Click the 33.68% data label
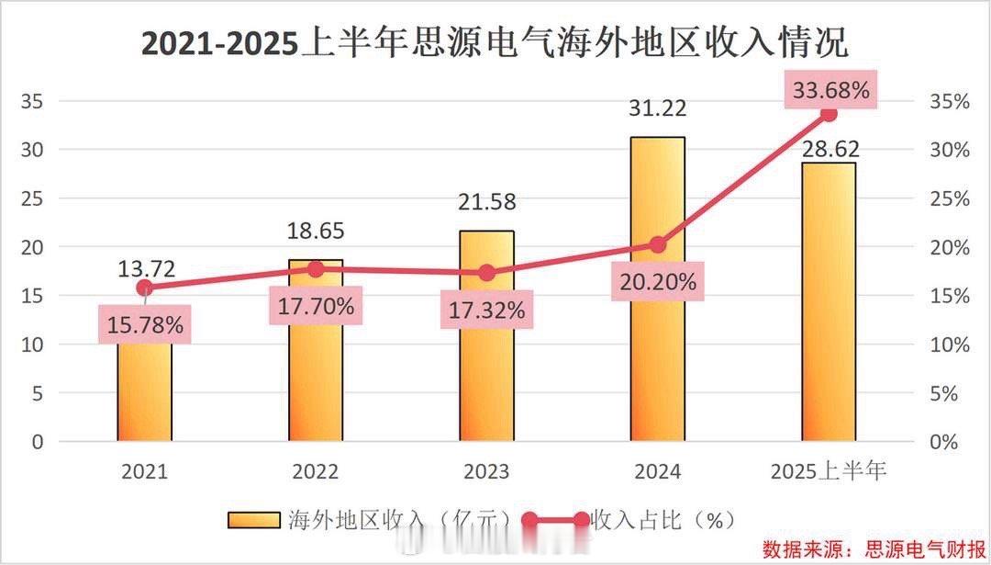[830, 90]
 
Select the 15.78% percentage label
[145, 323]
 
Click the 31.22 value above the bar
[657, 107]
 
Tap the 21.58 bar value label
[486, 201]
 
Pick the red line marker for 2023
[487, 273]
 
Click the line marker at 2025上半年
[829, 114]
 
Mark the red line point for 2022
[317, 269]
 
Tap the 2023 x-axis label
[486, 472]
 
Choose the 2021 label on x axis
[145, 472]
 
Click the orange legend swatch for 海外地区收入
[254, 520]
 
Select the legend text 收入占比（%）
[663, 520]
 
